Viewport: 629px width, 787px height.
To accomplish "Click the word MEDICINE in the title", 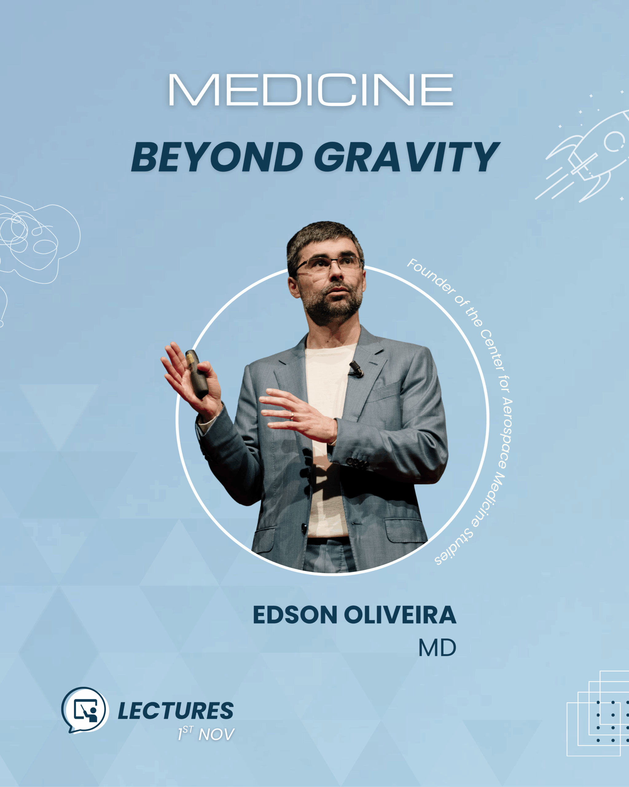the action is [311, 90].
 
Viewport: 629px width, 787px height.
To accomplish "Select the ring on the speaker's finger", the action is [292, 415].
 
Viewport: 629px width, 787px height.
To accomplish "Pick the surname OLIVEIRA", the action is [400, 615].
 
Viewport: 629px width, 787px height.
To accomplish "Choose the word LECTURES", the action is [176, 710].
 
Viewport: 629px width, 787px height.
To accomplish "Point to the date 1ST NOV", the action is [206, 734].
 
